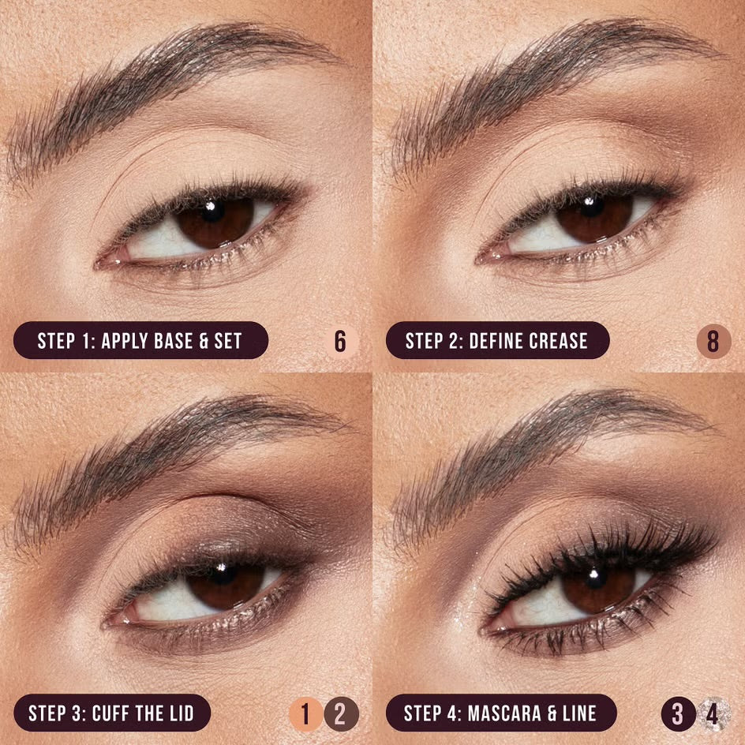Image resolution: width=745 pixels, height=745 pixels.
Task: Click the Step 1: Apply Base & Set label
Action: (140, 341)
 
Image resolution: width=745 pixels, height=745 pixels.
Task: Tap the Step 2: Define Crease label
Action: (497, 341)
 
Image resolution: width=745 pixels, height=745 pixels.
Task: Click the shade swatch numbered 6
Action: (340, 342)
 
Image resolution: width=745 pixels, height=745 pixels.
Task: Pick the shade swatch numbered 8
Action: (713, 342)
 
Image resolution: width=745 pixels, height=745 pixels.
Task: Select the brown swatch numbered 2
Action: (341, 714)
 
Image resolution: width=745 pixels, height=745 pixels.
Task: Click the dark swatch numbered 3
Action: (677, 714)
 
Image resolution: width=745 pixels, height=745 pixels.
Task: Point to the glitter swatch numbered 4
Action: (713, 714)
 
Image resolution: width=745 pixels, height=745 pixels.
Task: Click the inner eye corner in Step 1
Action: (103, 260)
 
